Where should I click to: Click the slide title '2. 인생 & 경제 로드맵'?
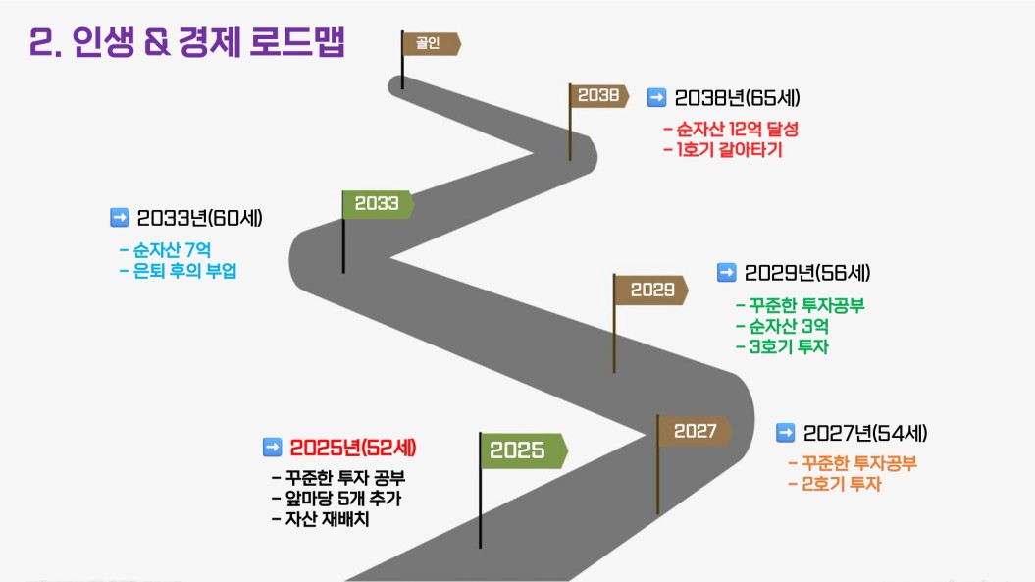click(x=186, y=42)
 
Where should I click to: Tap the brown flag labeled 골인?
click(x=432, y=43)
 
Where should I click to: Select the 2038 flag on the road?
click(x=598, y=96)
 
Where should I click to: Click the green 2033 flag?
click(x=378, y=204)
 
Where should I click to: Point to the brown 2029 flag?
click(x=650, y=290)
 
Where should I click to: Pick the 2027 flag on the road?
click(x=695, y=431)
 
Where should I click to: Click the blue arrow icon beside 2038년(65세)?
click(x=656, y=98)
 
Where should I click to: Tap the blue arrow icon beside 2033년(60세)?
click(x=120, y=217)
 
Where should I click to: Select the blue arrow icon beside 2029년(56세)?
click(x=727, y=272)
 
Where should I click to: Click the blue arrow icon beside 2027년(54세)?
click(x=786, y=433)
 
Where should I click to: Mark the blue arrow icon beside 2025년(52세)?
click(x=273, y=448)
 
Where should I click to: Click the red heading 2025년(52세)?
click(x=353, y=448)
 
